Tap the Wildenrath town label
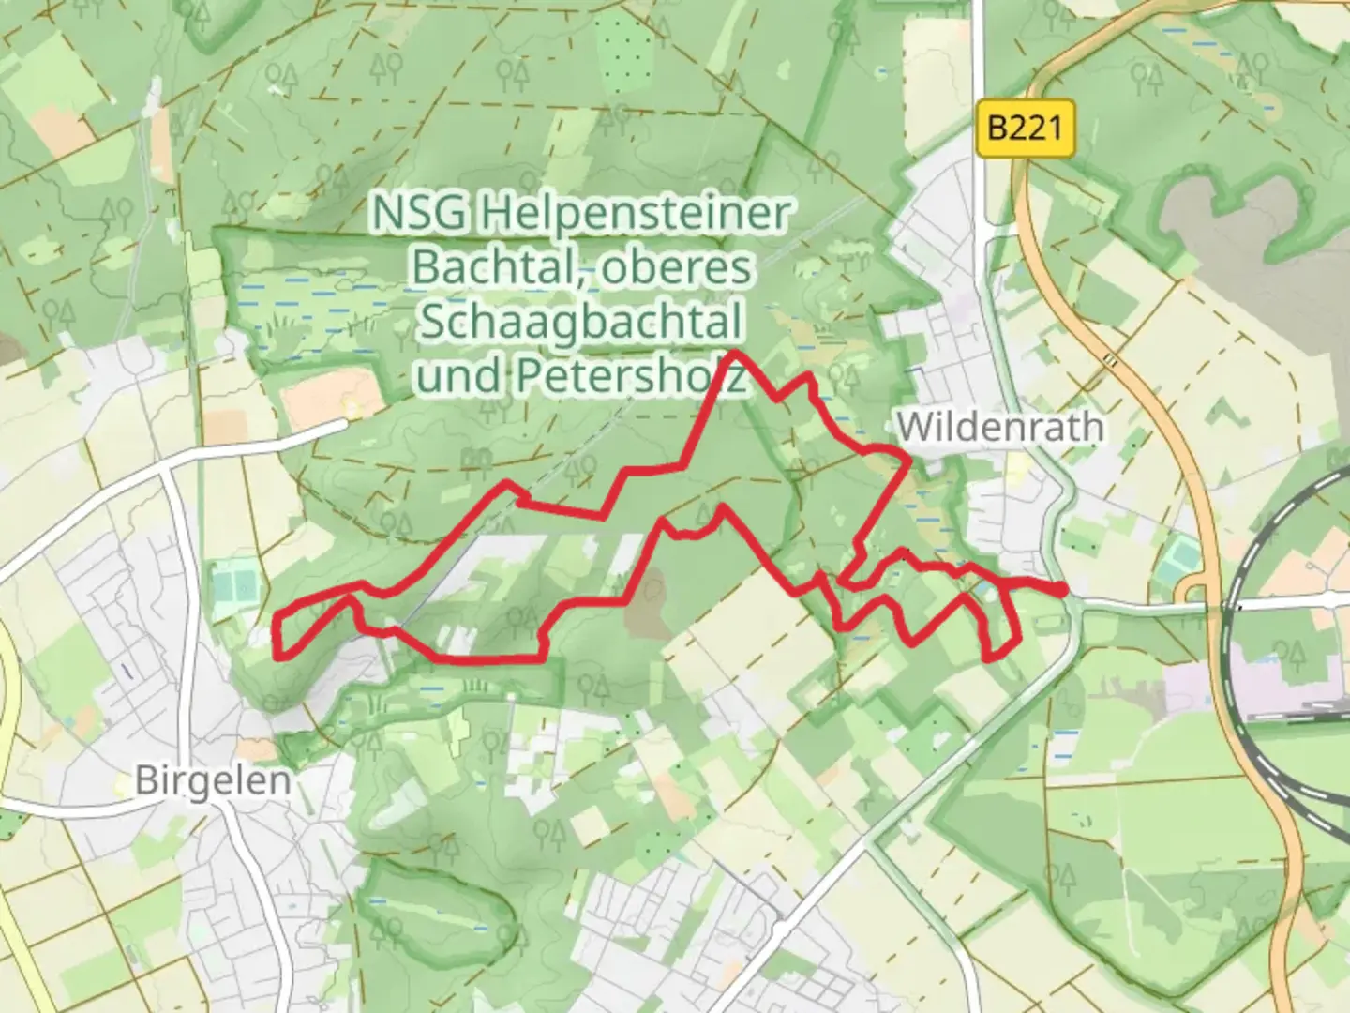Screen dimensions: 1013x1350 coord(999,428)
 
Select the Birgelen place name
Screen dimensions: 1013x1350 coord(212,780)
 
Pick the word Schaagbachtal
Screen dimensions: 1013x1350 coord(580,322)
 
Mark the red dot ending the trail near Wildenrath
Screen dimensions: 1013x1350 coord(1060,589)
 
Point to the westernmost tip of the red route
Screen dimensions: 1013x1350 coord(277,638)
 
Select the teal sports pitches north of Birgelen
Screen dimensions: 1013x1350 coord(235,587)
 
